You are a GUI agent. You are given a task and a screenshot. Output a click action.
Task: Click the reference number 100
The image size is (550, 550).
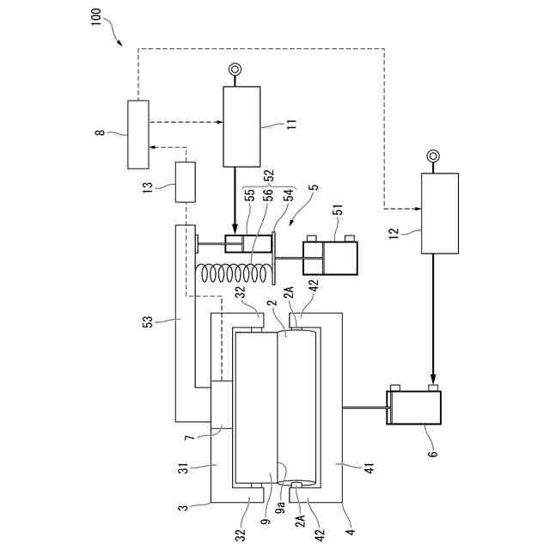point(95,16)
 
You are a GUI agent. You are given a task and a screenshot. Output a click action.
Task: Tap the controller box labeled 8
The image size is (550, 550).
point(138,134)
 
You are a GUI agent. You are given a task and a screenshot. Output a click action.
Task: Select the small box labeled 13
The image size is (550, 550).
point(186,181)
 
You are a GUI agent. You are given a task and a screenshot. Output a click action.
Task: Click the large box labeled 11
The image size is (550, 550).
point(241,126)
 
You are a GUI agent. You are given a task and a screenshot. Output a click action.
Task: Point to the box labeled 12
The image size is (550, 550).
point(440,213)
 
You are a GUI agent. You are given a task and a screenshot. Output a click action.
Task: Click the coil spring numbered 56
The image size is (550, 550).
point(233,273)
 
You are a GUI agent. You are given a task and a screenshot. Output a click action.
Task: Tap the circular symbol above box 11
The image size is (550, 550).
point(235,69)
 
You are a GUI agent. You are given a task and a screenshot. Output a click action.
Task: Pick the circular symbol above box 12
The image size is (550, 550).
point(433,156)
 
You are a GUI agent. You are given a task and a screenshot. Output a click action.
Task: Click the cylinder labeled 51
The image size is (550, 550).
point(330,257)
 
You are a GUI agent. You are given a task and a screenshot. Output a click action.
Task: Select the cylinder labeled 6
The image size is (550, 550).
point(414,406)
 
